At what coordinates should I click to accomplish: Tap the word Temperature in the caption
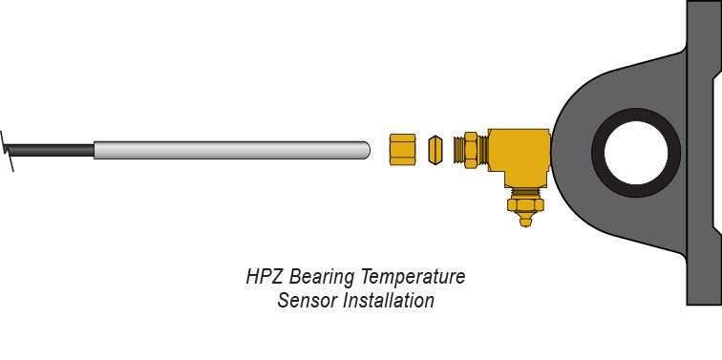413,278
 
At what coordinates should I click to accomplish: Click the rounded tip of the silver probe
367,150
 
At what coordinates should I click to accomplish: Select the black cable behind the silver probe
49,151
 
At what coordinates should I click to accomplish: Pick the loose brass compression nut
402,149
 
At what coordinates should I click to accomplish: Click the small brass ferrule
435,150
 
